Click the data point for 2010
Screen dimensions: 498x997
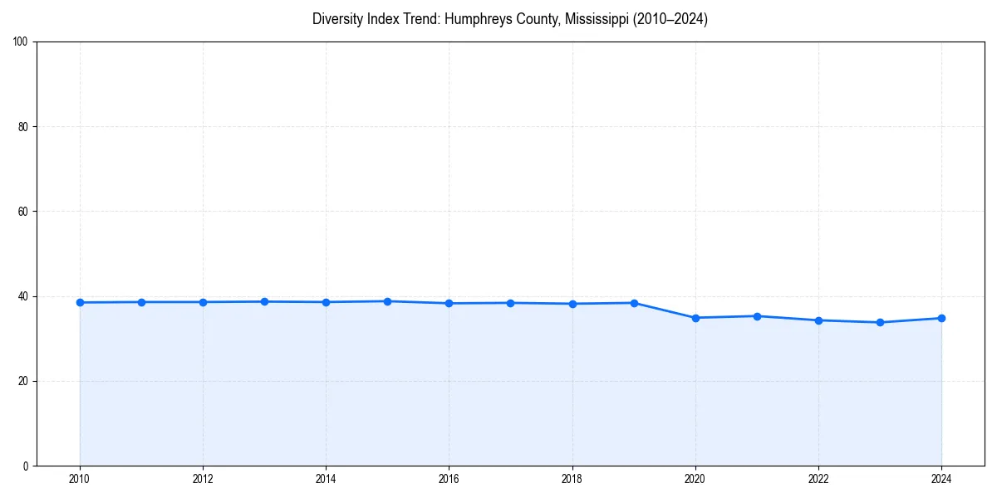click(x=80, y=302)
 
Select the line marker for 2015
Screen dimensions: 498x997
click(x=387, y=301)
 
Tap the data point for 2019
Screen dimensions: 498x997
click(x=634, y=303)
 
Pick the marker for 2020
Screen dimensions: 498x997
click(x=695, y=318)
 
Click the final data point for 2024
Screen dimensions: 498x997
click(x=941, y=318)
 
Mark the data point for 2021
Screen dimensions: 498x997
click(x=757, y=316)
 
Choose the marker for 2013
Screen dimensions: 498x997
click(x=264, y=301)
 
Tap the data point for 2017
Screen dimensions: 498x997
click(x=510, y=303)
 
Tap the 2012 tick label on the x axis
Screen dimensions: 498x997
click(x=203, y=479)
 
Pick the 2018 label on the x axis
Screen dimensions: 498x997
click(x=572, y=479)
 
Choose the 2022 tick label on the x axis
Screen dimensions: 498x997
click(x=818, y=479)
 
